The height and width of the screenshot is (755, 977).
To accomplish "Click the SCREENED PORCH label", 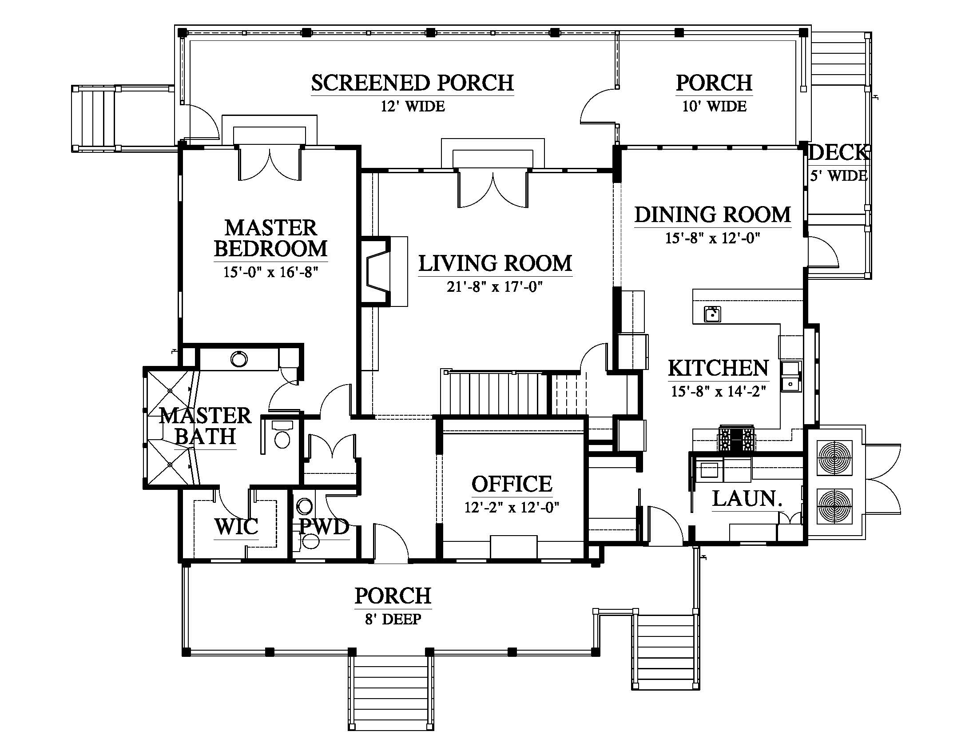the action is pyautogui.click(x=413, y=83).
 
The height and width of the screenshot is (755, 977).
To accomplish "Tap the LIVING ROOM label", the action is pyautogui.click(x=495, y=263).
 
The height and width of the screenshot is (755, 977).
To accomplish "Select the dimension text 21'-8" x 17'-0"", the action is pyautogui.click(x=495, y=286).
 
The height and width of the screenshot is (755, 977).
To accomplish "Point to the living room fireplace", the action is pyautogui.click(x=378, y=271).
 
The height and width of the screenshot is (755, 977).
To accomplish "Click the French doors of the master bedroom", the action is pyautogui.click(x=270, y=163).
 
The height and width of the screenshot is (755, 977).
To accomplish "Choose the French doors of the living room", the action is pyautogui.click(x=493, y=188).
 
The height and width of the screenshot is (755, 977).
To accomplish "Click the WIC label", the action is pyautogui.click(x=236, y=526).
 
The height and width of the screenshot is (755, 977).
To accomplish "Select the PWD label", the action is pyautogui.click(x=324, y=526).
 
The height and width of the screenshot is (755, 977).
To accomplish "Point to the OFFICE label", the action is pyautogui.click(x=512, y=484).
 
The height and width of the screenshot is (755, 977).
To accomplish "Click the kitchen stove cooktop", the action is pyautogui.click(x=736, y=438).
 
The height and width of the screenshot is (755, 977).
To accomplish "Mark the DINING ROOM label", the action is pyautogui.click(x=713, y=215).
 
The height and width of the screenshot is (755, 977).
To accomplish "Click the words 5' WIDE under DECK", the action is pyautogui.click(x=839, y=176).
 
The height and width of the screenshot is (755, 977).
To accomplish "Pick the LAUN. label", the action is pyautogui.click(x=747, y=499).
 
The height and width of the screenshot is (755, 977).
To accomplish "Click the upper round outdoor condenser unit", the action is pyautogui.click(x=835, y=458).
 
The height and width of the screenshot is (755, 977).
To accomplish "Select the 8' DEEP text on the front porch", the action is pyautogui.click(x=393, y=619).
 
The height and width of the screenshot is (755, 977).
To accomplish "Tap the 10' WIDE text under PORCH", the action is pyautogui.click(x=715, y=107).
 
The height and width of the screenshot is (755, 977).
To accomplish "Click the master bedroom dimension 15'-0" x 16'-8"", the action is pyautogui.click(x=270, y=272).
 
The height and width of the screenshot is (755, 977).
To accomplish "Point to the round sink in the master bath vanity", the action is pyautogui.click(x=239, y=359).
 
